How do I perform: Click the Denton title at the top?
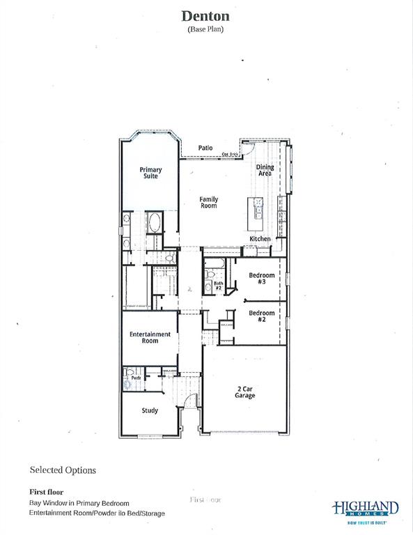pos(206,16)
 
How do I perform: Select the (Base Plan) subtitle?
pos(206,29)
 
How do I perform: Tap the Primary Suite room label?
pos(150,173)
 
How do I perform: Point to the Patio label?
pos(205,148)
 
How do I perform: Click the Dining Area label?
pos(265,170)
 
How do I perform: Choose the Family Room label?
pos(209,203)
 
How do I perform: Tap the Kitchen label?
pos(260,239)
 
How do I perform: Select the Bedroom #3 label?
pos(262,278)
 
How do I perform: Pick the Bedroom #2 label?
pos(262,316)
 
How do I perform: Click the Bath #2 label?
pos(218,285)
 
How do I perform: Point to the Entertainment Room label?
pos(150,337)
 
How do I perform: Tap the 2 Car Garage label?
pos(244,391)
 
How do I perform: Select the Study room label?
pos(150,410)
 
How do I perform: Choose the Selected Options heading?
pos(63,470)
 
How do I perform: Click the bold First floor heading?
pos(46,492)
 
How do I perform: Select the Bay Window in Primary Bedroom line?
pos(79,503)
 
